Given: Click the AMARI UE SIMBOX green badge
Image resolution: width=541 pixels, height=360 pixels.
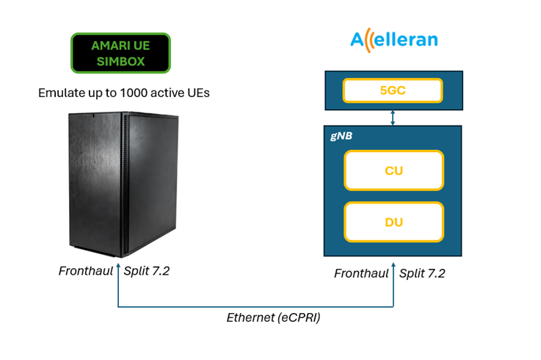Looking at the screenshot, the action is click(120, 53).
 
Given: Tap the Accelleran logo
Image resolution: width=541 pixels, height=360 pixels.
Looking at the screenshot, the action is click(394, 40).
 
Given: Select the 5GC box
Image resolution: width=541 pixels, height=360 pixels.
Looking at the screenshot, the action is click(393, 90).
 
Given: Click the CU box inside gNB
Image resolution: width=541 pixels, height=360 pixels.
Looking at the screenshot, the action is click(393, 170).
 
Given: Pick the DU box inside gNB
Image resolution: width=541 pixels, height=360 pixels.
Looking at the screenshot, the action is click(393, 222).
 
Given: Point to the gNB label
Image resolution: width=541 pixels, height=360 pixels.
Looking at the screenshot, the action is click(341, 136).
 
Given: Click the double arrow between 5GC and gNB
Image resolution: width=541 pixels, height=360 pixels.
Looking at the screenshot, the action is click(393, 118).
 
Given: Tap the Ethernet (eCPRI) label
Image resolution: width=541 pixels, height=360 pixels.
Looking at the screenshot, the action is click(273, 317).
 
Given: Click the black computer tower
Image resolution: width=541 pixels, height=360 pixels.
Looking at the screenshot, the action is click(123, 184).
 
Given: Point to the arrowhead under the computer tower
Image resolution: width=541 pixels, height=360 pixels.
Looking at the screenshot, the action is click(118, 266).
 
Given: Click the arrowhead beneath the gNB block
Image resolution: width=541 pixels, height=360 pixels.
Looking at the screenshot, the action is click(393, 265).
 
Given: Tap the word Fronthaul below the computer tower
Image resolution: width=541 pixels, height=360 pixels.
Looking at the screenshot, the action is click(86, 271).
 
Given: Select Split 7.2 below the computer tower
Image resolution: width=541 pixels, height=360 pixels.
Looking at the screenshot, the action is click(147, 271).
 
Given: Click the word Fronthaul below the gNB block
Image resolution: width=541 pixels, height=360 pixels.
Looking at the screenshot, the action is click(361, 273).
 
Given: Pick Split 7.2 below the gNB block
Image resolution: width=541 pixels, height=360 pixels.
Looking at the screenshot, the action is click(422, 273).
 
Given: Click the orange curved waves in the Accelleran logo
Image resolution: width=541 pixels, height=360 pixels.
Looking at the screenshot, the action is click(368, 40).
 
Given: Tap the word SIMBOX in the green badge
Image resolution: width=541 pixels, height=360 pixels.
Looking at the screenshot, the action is click(121, 62).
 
